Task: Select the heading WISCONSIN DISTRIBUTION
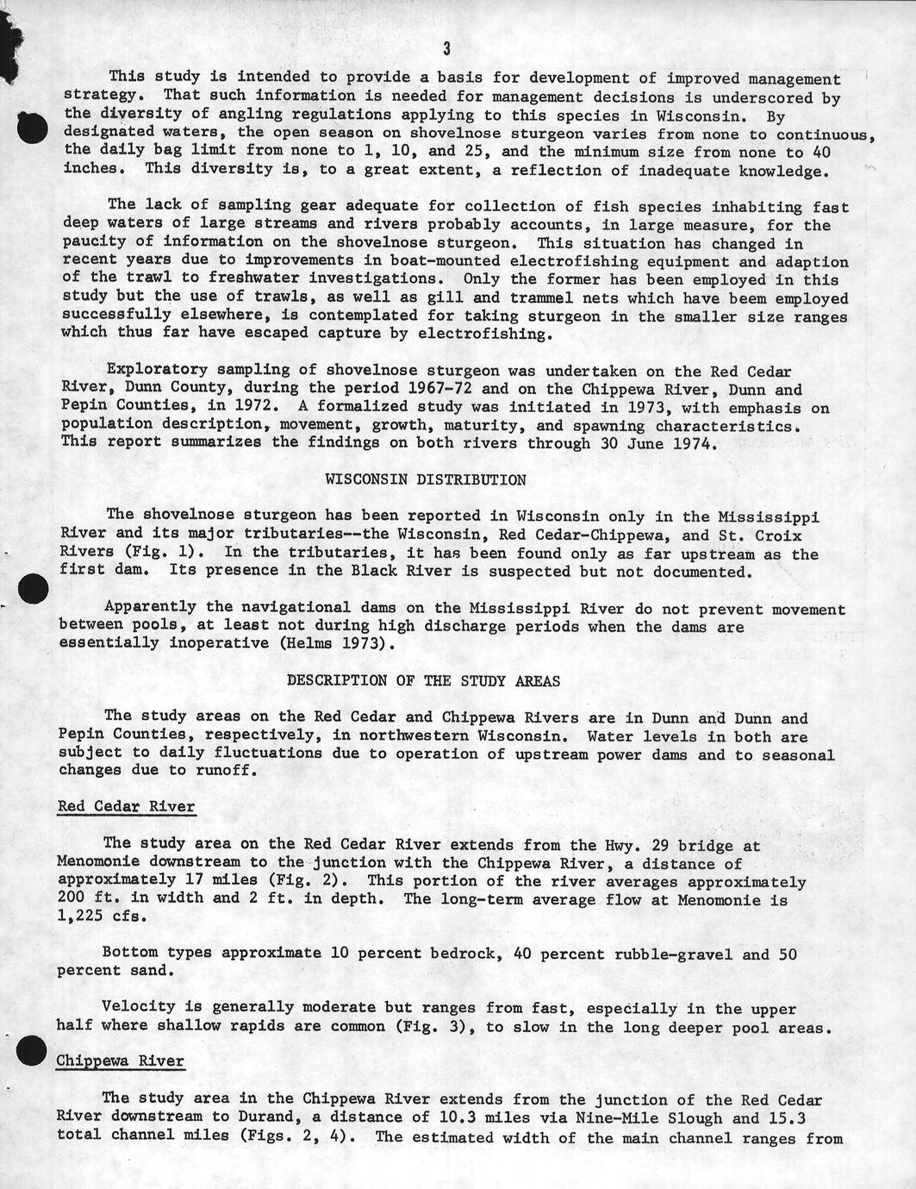click(425, 479)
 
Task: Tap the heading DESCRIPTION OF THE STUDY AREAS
click(423, 680)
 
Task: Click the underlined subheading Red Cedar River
click(126, 807)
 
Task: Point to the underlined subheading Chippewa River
click(120, 1060)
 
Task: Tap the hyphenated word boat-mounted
click(439, 261)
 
